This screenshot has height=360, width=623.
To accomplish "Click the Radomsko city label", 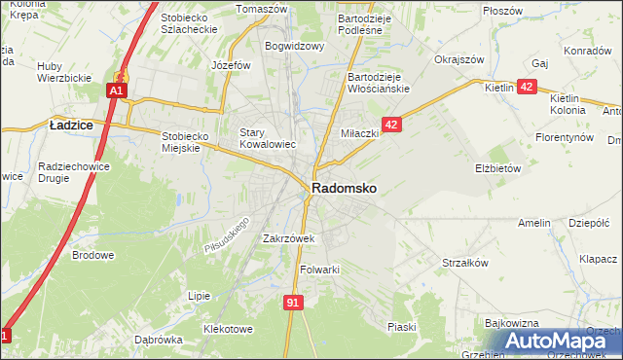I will click(345, 188).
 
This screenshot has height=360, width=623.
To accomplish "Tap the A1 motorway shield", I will click(115, 90).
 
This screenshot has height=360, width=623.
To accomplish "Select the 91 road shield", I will click(293, 303).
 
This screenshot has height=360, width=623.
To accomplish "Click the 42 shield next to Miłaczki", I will click(391, 125).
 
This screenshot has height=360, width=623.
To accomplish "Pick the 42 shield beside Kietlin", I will click(527, 87).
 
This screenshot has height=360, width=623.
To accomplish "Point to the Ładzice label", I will click(71, 125).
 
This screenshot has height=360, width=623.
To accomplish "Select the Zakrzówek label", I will click(287, 237).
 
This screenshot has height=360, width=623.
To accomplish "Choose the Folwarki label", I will click(318, 270).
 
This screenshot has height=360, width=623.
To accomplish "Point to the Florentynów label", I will click(565, 138).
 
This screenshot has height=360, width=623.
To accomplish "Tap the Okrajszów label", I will click(459, 59).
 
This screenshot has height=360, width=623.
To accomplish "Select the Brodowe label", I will click(93, 255).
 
